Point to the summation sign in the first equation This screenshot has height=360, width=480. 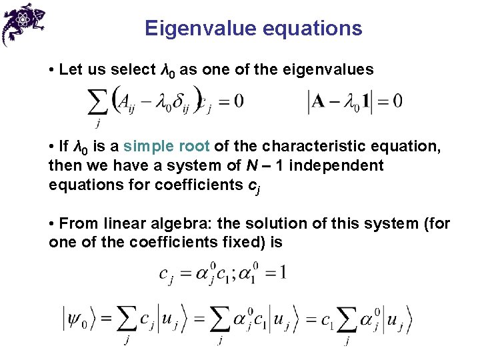[99, 103]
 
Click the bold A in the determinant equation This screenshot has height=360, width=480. [319, 101]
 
